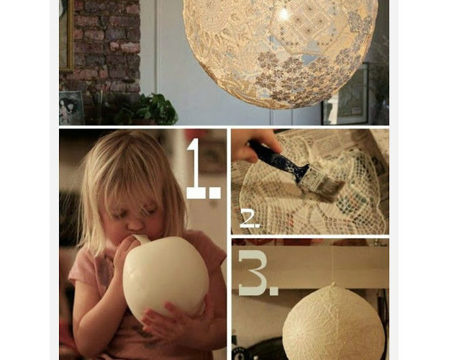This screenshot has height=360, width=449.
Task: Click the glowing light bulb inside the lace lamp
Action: [284, 14]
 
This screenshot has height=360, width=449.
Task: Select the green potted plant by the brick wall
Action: [149, 109]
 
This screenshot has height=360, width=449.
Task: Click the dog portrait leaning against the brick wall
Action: [71, 108]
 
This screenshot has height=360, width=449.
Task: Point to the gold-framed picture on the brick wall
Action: [66, 35]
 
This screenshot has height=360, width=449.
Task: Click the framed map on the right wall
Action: [347, 94]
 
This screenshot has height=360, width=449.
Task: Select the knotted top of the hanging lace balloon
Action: [332, 285]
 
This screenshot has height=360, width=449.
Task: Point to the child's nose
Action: [135, 224]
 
